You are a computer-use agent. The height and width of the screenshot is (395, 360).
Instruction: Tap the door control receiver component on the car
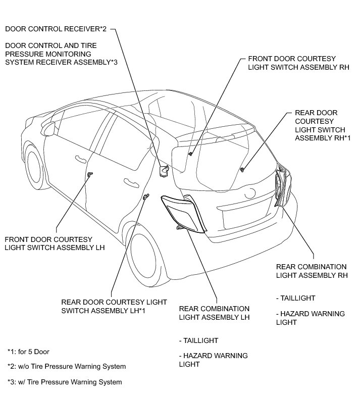164,171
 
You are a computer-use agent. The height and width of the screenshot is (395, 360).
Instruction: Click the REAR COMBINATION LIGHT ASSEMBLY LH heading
215,313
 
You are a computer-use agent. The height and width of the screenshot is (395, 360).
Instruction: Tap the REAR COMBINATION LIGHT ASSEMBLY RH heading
312,271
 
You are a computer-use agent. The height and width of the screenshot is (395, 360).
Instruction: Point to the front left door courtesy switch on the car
90,174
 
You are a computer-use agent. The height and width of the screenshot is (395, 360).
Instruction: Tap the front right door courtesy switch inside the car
191,153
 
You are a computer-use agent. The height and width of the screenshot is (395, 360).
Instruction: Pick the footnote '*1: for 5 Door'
28,352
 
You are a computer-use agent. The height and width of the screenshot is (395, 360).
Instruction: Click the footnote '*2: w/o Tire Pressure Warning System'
67,366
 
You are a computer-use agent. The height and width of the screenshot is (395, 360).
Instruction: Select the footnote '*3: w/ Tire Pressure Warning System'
65,382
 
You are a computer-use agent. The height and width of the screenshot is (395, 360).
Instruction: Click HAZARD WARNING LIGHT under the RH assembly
311,318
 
